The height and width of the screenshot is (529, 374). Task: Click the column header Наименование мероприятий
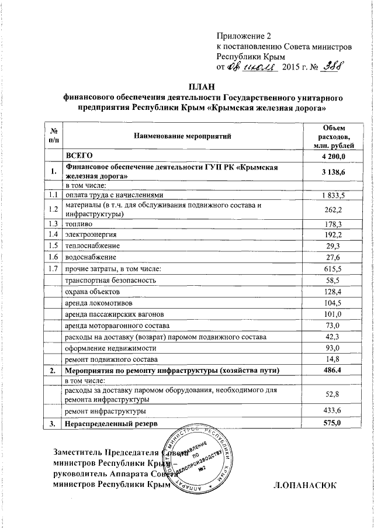[182, 136]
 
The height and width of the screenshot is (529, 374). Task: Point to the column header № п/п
[54, 136]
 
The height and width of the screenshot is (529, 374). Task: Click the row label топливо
[78, 224]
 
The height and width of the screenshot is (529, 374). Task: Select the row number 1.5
[54, 246]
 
